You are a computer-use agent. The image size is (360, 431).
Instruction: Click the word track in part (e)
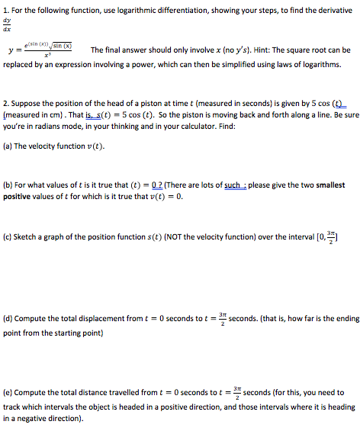tap(12, 407)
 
